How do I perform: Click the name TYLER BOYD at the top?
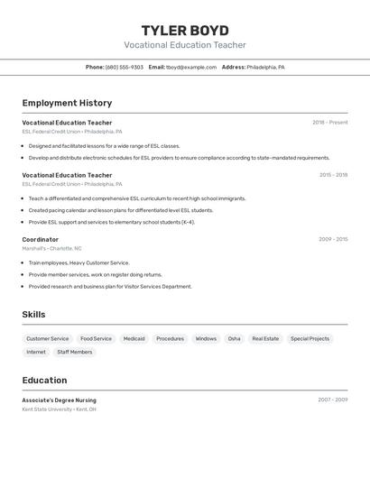pyautogui.click(x=185, y=30)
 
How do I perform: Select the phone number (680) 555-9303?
pyautogui.click(x=125, y=67)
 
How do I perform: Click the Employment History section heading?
pyautogui.click(x=67, y=103)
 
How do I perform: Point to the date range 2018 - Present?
pyautogui.click(x=329, y=123)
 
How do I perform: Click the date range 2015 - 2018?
pyautogui.click(x=333, y=175)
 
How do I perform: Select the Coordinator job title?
pyautogui.click(x=41, y=239)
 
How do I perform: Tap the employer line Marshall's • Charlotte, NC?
pyautogui.click(x=52, y=248)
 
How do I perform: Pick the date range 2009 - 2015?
pyautogui.click(x=333, y=239)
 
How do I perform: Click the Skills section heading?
pyautogui.click(x=33, y=315)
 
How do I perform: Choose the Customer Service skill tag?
pyautogui.click(x=48, y=339)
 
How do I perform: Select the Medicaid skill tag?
pyautogui.click(x=134, y=339)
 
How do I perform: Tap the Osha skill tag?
pyautogui.click(x=234, y=339)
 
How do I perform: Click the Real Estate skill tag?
pyautogui.click(x=265, y=339)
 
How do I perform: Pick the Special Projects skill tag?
pyautogui.click(x=310, y=339)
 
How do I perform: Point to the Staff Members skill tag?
pyautogui.click(x=74, y=353)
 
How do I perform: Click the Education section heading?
pyautogui.click(x=44, y=381)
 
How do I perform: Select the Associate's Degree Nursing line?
pyautogui.click(x=60, y=400)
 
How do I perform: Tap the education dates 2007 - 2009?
pyautogui.click(x=332, y=400)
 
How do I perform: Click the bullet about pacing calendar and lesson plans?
pyautogui.click(x=121, y=210)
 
